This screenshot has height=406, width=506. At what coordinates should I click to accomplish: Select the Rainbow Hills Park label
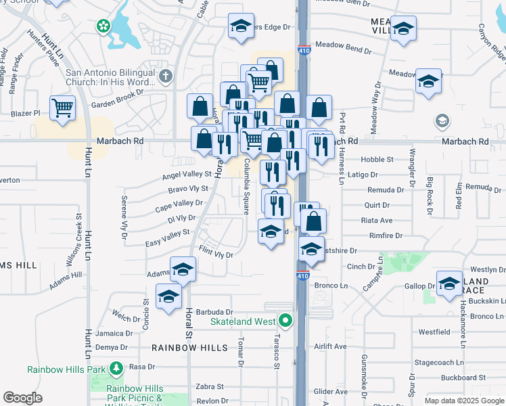click(x=67, y=369)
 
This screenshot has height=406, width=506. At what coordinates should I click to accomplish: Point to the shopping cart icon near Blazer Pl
click(x=62, y=108)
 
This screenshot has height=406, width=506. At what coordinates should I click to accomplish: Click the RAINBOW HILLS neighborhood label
click(x=185, y=347)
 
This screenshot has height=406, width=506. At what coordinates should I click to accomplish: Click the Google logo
click(x=22, y=397)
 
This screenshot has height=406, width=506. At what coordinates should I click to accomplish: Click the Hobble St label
click(x=381, y=160)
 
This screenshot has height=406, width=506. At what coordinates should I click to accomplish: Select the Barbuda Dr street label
click(x=213, y=312)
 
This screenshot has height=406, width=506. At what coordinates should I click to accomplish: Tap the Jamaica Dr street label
click(x=114, y=333)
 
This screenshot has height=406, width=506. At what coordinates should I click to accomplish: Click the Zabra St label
click(x=210, y=386)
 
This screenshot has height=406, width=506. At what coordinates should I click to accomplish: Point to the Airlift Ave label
click(x=330, y=346)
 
